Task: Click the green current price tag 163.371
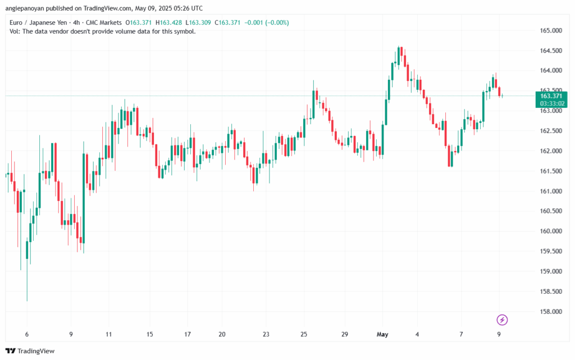(x=553, y=95)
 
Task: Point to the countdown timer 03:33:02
(x=553, y=103)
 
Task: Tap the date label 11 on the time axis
(x=108, y=334)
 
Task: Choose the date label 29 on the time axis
(x=344, y=334)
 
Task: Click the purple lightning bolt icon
(x=502, y=320)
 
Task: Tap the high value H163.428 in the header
(x=170, y=22)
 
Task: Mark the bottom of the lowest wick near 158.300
(x=27, y=300)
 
